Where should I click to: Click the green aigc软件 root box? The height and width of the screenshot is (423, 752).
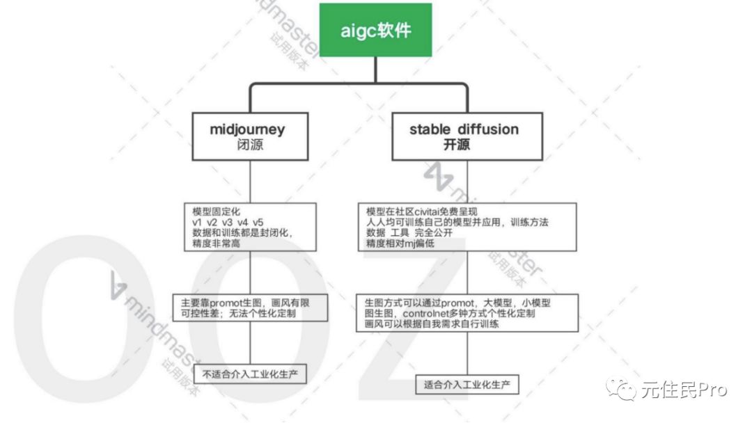[375, 30]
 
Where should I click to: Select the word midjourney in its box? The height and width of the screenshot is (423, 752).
[247, 130]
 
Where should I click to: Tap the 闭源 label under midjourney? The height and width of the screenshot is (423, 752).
[250, 145]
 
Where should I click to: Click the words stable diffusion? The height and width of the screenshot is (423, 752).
[464, 129]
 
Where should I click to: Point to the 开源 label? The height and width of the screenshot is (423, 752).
[456, 145]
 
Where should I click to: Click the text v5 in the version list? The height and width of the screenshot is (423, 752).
[258, 222]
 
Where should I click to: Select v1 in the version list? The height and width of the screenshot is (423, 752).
[197, 222]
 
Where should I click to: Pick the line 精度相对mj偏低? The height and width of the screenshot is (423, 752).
[400, 244]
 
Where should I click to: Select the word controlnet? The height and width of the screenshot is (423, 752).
[424, 313]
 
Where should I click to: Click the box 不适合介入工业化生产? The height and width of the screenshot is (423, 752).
[250, 374]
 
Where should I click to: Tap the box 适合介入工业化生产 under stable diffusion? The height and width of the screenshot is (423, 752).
[467, 385]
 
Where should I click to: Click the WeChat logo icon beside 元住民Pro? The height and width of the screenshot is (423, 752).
[620, 389]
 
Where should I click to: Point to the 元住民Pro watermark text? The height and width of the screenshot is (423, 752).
[684, 390]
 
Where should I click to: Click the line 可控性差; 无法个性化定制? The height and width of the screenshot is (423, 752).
[238, 313]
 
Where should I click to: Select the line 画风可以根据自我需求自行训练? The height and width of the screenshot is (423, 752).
[432, 324]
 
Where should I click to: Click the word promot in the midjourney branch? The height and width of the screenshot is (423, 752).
[226, 303]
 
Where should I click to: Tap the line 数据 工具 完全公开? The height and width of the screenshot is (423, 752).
[409, 233]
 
